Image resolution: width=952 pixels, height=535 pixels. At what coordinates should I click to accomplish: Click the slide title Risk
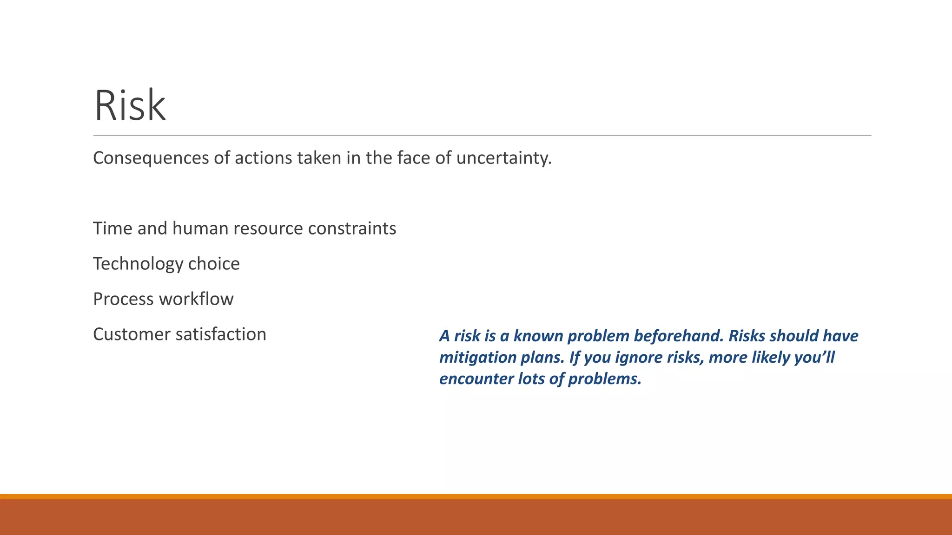click(x=130, y=106)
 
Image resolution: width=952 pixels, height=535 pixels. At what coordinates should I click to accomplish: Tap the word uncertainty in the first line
click(x=503, y=158)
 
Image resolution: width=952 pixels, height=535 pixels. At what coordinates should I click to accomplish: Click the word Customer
click(x=132, y=334)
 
